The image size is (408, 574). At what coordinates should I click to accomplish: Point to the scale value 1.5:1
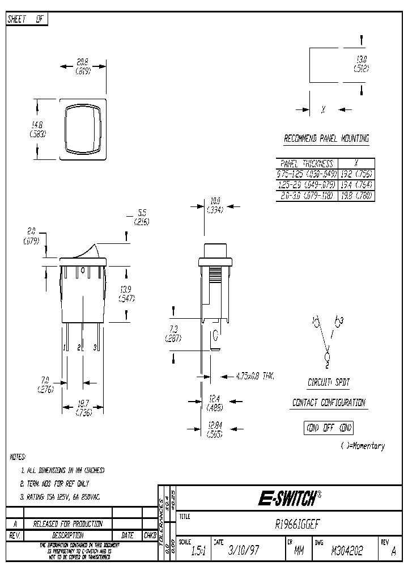(x=196, y=551)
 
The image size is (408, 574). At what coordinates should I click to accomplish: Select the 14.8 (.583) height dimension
(x=37, y=129)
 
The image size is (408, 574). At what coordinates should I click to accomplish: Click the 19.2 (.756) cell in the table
(x=356, y=174)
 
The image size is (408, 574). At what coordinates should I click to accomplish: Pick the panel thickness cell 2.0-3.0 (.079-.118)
(x=307, y=196)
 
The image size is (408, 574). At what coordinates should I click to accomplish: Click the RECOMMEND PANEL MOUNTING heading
(x=326, y=138)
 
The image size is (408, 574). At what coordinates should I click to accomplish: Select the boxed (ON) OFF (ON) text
(x=329, y=428)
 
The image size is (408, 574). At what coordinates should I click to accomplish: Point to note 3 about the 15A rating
(x=60, y=497)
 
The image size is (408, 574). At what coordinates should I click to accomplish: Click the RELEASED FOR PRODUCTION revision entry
(x=67, y=524)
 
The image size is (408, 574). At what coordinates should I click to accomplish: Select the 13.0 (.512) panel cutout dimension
(x=361, y=64)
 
